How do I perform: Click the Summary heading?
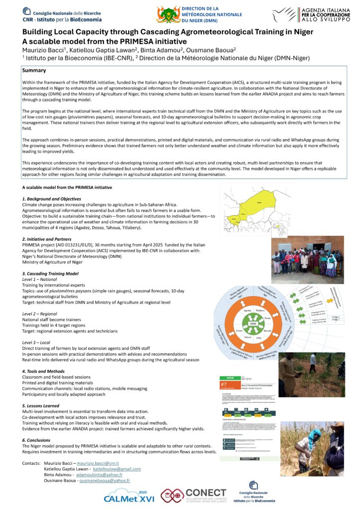click(34, 71)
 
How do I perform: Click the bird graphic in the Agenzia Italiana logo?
click(285, 14)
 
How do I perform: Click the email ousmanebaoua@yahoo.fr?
click(105, 480)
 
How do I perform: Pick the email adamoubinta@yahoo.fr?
click(102, 475)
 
